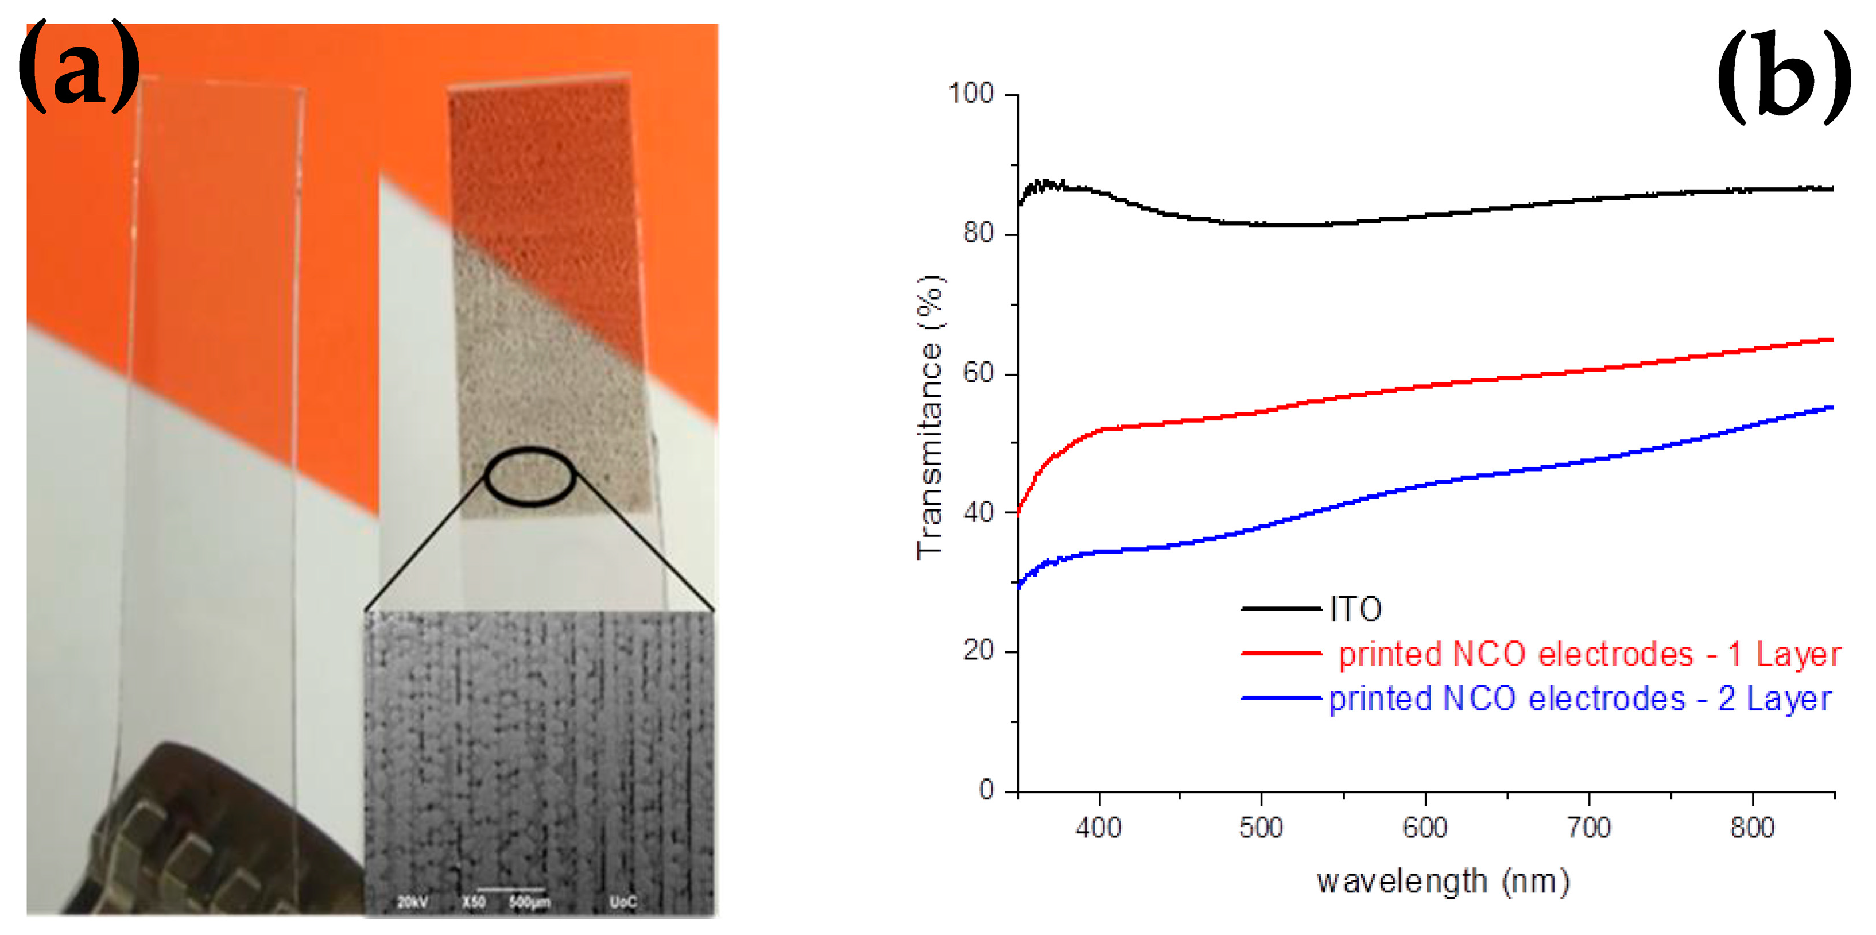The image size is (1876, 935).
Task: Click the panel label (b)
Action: [x=1784, y=78]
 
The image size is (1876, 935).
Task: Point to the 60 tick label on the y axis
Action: [x=978, y=373]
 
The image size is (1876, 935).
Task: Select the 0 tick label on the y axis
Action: [x=987, y=789]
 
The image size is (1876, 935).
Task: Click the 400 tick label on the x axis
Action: [x=1098, y=828]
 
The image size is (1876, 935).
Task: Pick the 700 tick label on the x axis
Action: [x=1588, y=828]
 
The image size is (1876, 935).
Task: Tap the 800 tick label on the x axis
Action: [x=1752, y=828]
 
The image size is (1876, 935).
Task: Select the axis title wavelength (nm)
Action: [x=1443, y=882]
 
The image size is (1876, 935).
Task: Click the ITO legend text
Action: [x=1355, y=609]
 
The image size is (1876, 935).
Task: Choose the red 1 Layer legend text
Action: [x=1589, y=654]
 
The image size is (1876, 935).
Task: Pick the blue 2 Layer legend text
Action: [x=1580, y=699]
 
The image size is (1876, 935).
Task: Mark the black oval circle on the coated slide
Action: [x=530, y=477]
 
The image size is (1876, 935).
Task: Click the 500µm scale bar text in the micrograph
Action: [x=529, y=903]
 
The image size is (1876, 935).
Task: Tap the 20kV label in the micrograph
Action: [x=412, y=903]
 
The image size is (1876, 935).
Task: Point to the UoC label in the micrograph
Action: [x=623, y=903]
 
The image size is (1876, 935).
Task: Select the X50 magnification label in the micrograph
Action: [x=474, y=903]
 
